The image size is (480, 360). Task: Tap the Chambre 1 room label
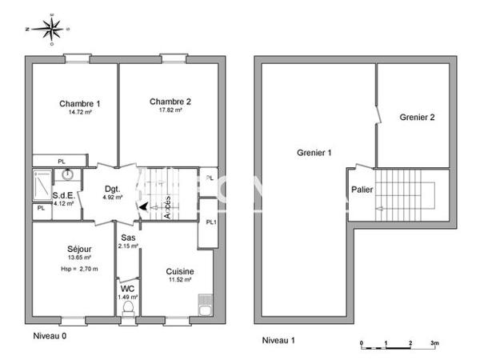(80, 103)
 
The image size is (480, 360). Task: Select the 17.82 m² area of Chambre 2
(169, 110)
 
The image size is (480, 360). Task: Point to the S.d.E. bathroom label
(63, 194)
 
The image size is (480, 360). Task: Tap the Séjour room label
(79, 249)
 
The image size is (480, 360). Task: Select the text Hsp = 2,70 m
(79, 268)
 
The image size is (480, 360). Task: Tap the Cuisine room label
(180, 271)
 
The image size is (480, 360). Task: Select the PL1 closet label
(210, 222)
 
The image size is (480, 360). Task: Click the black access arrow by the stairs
(142, 206)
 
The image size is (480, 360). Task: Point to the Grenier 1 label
(314, 152)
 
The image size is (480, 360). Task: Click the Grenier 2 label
(417, 118)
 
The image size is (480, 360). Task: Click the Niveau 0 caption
(50, 336)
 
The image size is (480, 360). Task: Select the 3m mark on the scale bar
(434, 342)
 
